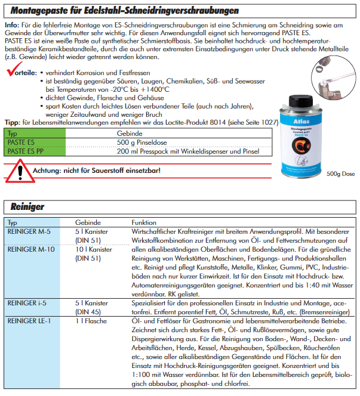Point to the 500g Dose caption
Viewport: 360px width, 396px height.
341,174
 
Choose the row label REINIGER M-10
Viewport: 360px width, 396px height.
30,249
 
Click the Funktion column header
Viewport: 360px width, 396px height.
143,222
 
